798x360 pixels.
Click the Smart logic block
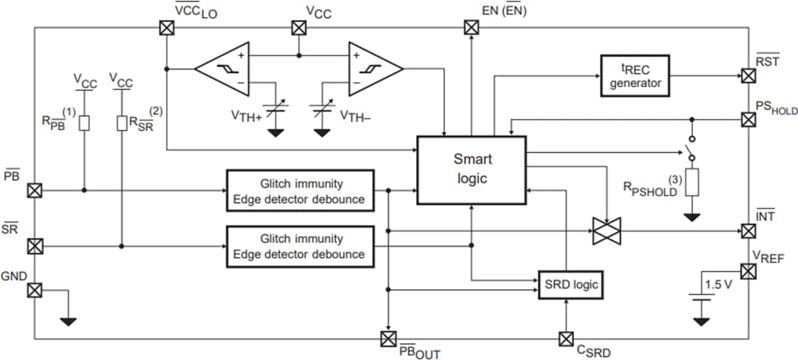click(471, 169)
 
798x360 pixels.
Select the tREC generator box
click(635, 76)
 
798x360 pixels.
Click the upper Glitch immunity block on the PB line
click(301, 191)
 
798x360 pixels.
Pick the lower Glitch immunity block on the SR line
click(301, 246)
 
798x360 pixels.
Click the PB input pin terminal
click(34, 191)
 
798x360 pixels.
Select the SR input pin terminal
click(34, 245)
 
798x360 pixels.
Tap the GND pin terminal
click(34, 290)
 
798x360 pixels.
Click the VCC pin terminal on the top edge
click(298, 28)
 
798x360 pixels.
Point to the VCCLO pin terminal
click(166, 28)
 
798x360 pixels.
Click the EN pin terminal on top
click(471, 28)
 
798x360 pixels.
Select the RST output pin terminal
click(748, 75)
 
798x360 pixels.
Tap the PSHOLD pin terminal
click(748, 119)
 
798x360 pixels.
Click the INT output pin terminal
click(748, 231)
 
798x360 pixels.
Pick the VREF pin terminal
click(748, 271)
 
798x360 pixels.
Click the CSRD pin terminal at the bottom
click(566, 339)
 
